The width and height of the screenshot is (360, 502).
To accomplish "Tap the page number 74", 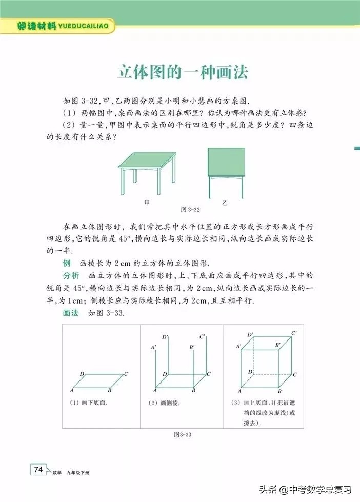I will pos(38,469).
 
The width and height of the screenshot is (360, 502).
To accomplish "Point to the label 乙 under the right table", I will pos(224,204).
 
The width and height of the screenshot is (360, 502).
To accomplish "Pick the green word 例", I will pos(66,263).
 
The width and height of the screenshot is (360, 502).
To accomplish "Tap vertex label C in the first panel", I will pos(126,374).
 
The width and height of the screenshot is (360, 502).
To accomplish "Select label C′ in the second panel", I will pos(203,337).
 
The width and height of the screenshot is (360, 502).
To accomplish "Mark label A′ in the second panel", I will pos(153,348).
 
